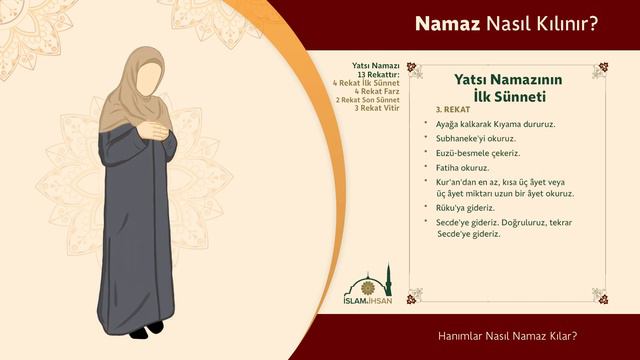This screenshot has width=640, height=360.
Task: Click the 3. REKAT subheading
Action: click(x=453, y=109)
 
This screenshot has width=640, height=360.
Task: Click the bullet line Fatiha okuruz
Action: click(x=463, y=167)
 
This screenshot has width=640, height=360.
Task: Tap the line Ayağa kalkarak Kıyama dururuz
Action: click(x=495, y=124)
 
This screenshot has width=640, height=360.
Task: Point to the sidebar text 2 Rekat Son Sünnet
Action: click(x=368, y=100)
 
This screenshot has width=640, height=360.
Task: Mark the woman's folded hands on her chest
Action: click(x=156, y=129)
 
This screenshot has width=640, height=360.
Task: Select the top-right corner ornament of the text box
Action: click(x=599, y=70)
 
